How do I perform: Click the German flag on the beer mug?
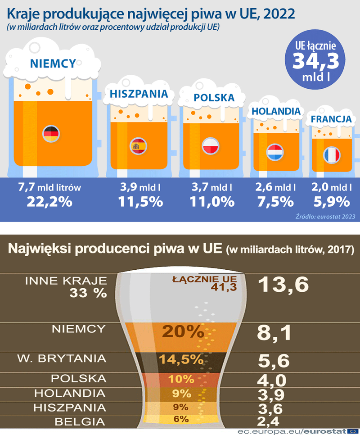51,134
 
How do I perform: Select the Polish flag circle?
210,147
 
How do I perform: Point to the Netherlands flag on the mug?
274,152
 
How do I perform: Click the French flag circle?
332,155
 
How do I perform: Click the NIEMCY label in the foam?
53,63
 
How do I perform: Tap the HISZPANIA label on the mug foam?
142,94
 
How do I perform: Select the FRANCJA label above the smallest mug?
331,119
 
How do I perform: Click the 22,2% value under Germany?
49,201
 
